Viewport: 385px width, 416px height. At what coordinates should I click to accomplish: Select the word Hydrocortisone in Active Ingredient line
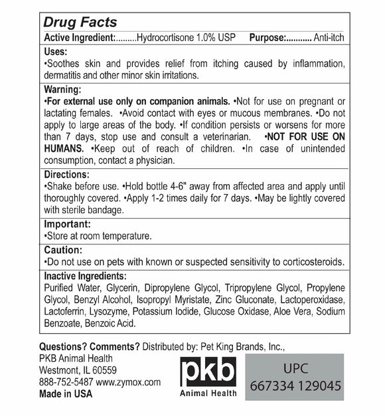165,38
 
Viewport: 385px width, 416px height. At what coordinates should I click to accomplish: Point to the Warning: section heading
62,89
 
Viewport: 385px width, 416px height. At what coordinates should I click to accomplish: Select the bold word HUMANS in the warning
65,149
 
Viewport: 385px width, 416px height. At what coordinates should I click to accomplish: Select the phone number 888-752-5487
66,382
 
